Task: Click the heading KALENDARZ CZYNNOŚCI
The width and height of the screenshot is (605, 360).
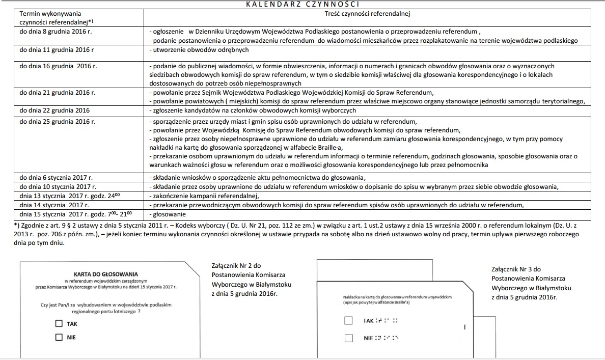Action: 302,4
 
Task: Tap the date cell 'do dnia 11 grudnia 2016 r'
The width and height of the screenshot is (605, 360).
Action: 57,50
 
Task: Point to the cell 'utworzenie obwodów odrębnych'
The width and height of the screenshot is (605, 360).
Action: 201,50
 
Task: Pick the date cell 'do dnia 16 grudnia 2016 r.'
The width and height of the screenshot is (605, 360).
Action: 58,66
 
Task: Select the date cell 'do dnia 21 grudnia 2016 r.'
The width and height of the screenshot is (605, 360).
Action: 58,92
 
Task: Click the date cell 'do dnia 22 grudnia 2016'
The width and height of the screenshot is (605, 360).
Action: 54,110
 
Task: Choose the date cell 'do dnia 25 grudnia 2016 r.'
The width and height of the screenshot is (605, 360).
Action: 58,121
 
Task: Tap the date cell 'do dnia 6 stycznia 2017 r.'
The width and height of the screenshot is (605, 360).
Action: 56,178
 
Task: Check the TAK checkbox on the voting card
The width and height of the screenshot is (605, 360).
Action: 59,324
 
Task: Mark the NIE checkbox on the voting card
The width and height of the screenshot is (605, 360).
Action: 59,337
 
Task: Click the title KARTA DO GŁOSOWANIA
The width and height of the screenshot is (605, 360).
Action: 106,274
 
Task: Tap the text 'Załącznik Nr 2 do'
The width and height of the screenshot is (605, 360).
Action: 236,266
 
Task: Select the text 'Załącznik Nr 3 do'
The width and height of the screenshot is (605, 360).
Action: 516,269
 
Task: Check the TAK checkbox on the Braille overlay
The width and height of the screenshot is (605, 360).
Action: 348,321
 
